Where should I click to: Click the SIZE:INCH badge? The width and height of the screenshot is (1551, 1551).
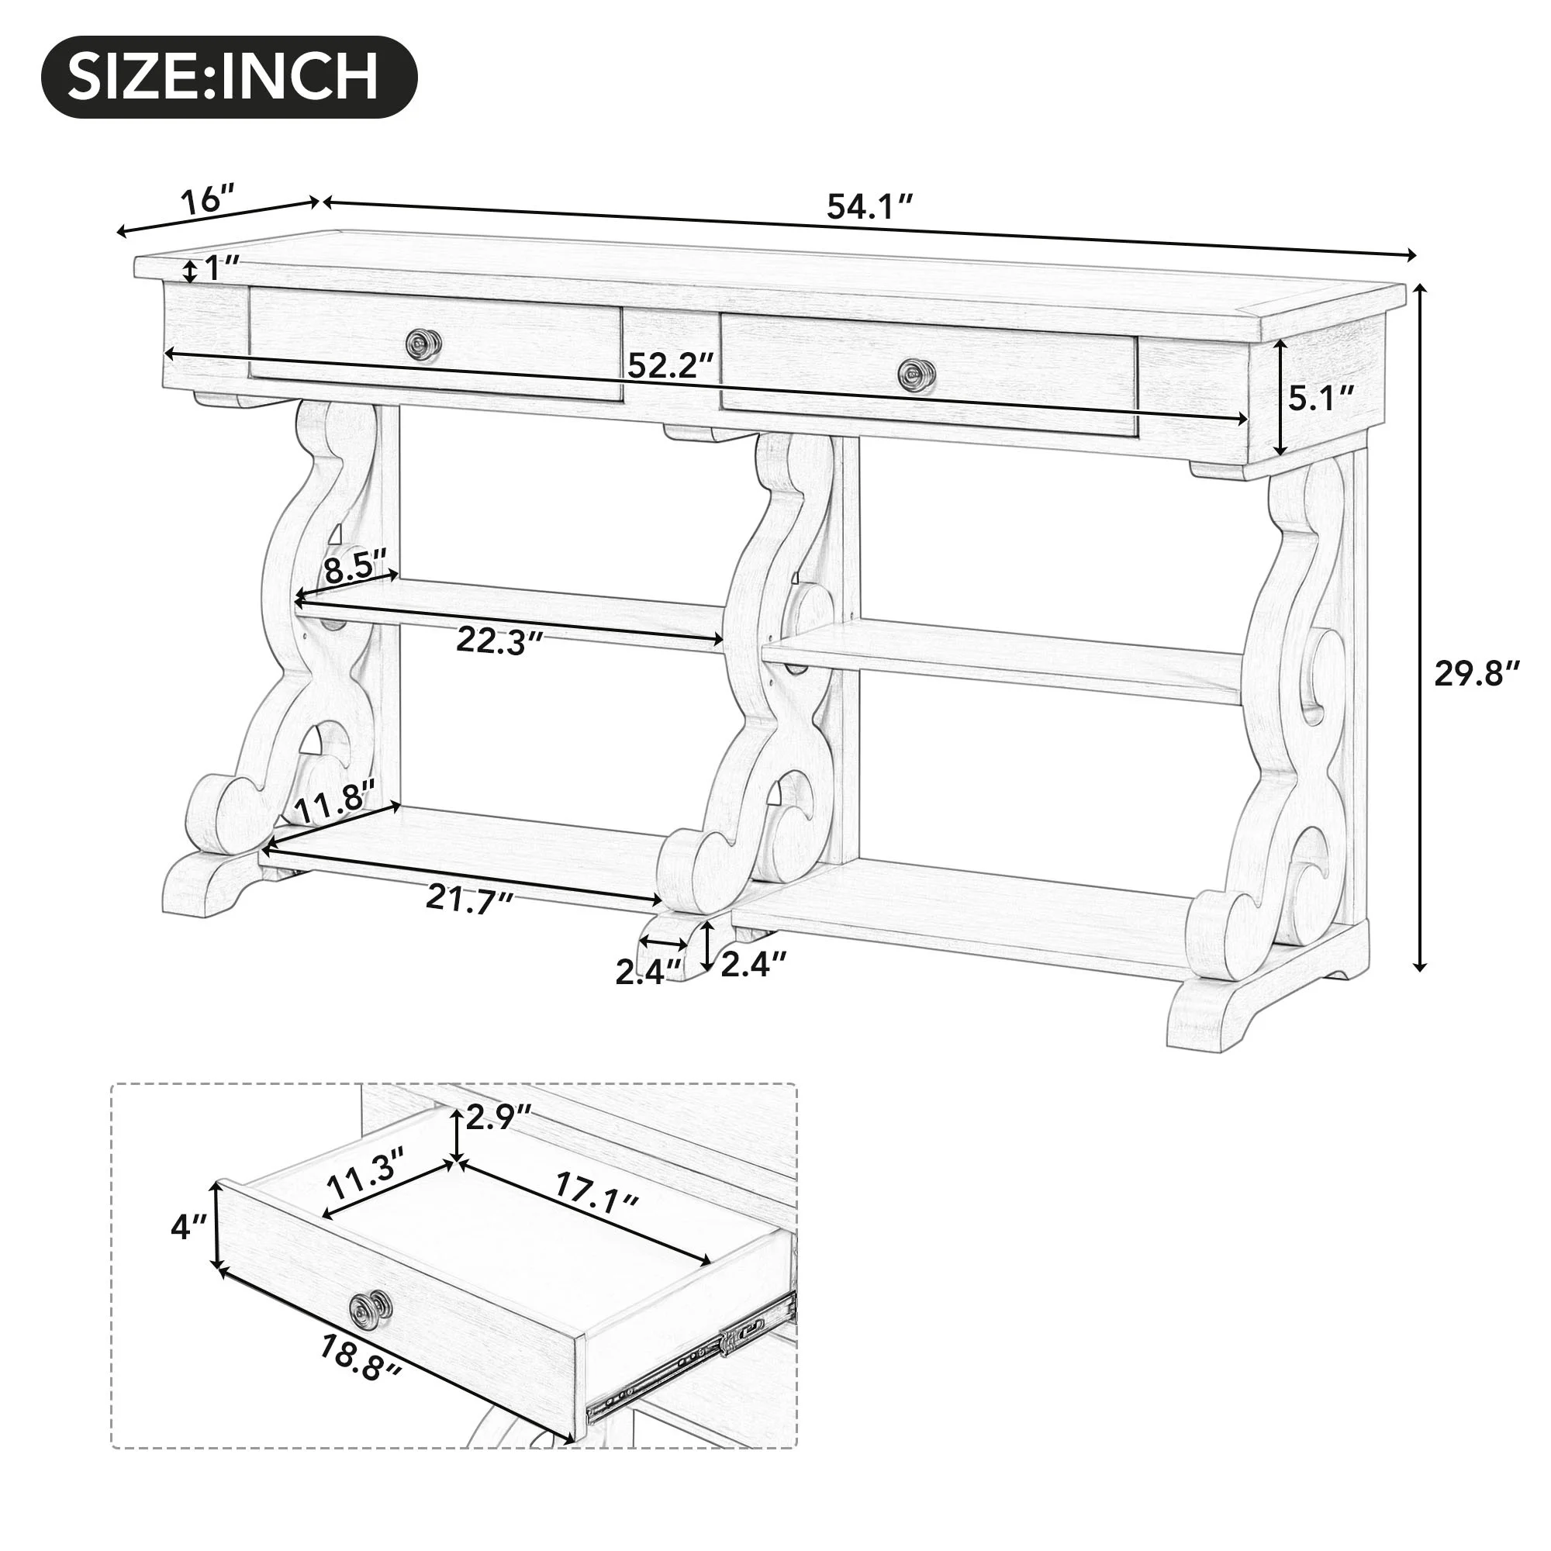(229, 78)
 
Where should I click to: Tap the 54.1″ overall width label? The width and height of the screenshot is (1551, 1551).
(870, 207)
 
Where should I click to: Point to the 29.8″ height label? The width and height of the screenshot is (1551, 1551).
(1478, 672)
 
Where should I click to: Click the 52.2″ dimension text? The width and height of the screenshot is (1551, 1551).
(671, 366)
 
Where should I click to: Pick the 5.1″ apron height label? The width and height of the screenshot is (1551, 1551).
(1321, 396)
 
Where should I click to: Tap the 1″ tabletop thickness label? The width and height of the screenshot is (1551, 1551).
(221, 269)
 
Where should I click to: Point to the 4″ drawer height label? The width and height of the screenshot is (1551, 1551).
(189, 1226)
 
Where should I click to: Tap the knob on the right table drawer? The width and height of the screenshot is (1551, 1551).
(915, 373)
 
